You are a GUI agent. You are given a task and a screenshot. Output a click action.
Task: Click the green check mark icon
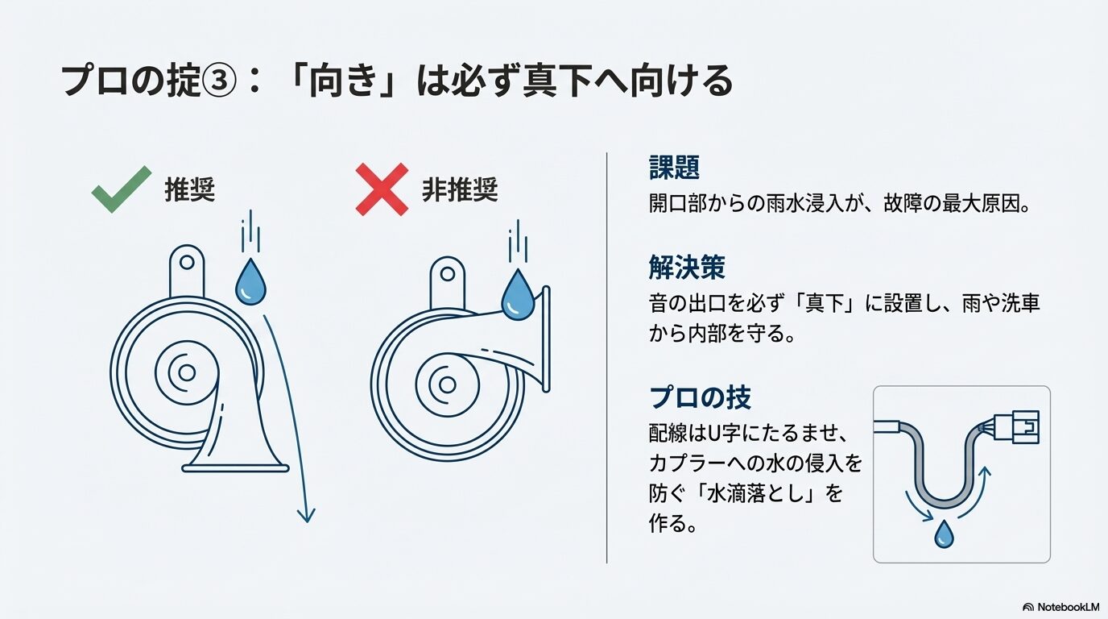[121, 190]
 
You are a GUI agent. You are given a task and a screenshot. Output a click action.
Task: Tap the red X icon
[382, 190]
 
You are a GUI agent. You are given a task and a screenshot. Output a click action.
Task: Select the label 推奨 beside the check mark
[190, 190]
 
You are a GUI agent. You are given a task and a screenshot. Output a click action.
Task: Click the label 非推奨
[460, 190]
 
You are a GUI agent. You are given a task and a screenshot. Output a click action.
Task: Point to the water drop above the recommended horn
[250, 282]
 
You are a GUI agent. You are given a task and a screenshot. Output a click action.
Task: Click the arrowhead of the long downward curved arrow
[306, 514]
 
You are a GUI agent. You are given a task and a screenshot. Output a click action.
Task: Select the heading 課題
[674, 168]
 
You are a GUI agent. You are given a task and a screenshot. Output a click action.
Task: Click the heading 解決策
[687, 267]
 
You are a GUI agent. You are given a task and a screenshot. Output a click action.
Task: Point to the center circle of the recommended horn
[187, 372]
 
